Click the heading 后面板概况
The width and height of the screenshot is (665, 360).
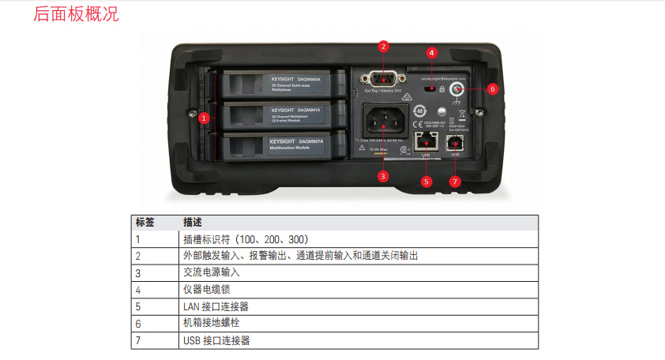pos(76,14)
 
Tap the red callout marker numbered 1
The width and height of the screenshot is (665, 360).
pos(204,118)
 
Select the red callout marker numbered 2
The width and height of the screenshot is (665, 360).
pos(383,46)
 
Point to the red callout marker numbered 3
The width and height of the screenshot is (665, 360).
pos(383,176)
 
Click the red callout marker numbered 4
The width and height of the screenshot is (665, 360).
pos(432,53)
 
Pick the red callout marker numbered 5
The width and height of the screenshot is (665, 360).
pos(426,181)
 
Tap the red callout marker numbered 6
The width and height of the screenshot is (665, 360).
pos(492,89)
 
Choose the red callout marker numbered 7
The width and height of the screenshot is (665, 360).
pos(454,181)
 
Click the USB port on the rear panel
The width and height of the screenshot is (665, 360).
pos(455,142)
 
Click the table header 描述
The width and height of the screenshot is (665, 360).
pos(193,222)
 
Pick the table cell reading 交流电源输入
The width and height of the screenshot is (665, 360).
pos(211,272)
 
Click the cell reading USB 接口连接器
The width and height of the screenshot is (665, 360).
pos(216,340)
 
